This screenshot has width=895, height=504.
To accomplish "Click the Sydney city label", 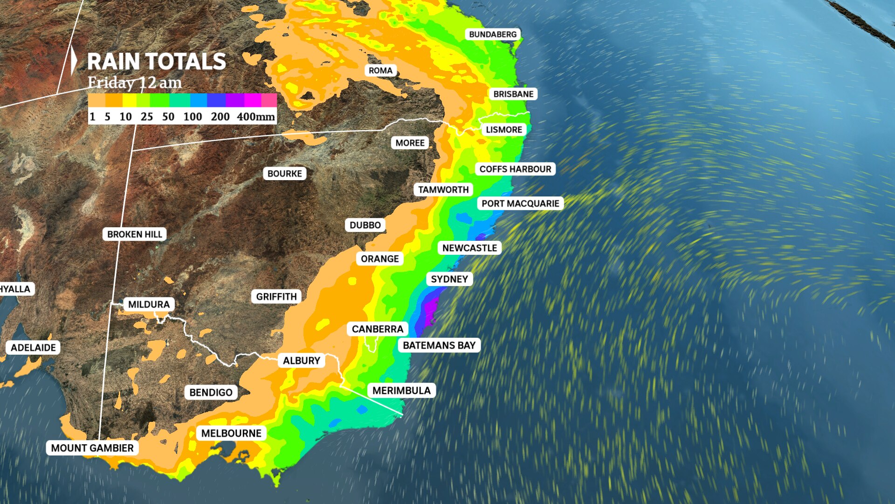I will (449, 279).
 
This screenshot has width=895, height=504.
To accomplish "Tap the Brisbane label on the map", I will (513, 94).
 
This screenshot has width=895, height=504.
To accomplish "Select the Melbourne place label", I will (231, 434).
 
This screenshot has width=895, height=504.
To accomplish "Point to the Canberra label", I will (377, 329).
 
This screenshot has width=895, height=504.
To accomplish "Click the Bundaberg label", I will (493, 35).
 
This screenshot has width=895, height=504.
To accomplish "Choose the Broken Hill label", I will (134, 234).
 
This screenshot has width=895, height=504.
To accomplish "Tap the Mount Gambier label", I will (92, 448).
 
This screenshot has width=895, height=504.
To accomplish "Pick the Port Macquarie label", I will (520, 203).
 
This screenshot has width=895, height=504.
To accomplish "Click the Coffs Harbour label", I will (515, 169).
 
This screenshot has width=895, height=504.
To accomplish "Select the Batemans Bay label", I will (439, 345).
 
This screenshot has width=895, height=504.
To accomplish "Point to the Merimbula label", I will (401, 391).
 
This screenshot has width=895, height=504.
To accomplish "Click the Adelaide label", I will (33, 348).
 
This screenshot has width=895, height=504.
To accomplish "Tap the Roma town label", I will (380, 70).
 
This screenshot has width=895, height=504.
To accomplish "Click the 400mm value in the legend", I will (255, 117).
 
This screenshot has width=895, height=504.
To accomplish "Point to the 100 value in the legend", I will (193, 117).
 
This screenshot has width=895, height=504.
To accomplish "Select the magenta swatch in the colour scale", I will (252, 100).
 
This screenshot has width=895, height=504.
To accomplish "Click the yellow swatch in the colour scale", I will (129, 100).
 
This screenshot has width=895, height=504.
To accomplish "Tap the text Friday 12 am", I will (135, 83).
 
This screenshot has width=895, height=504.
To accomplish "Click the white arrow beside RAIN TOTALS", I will (74, 61).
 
